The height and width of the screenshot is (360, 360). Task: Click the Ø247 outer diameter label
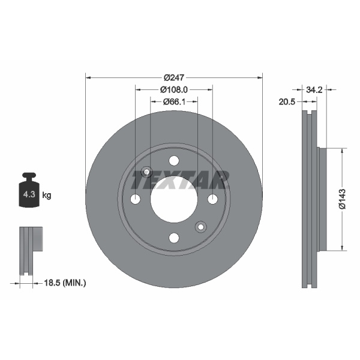point(174,77)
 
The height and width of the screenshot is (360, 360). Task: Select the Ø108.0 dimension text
point(174,89)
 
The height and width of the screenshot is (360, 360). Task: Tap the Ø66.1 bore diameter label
point(174,102)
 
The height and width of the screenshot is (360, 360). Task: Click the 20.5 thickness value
point(287,102)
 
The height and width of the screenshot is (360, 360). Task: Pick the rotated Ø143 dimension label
point(341,199)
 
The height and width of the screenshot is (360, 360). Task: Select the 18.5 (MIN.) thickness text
point(66,281)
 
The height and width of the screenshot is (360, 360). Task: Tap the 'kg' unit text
point(47,195)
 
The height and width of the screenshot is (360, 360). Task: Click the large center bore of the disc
point(174,199)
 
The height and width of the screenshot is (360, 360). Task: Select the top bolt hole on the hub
point(174,160)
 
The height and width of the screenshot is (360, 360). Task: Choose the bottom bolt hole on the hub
point(174,238)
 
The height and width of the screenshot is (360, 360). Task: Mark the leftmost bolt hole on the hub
point(136,199)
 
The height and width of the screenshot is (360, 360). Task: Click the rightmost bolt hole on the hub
point(212,199)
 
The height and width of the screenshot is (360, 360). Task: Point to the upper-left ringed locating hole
point(146,172)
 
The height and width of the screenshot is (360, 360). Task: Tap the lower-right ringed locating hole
point(201,226)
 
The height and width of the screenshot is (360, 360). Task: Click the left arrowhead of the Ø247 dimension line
point(89,77)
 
